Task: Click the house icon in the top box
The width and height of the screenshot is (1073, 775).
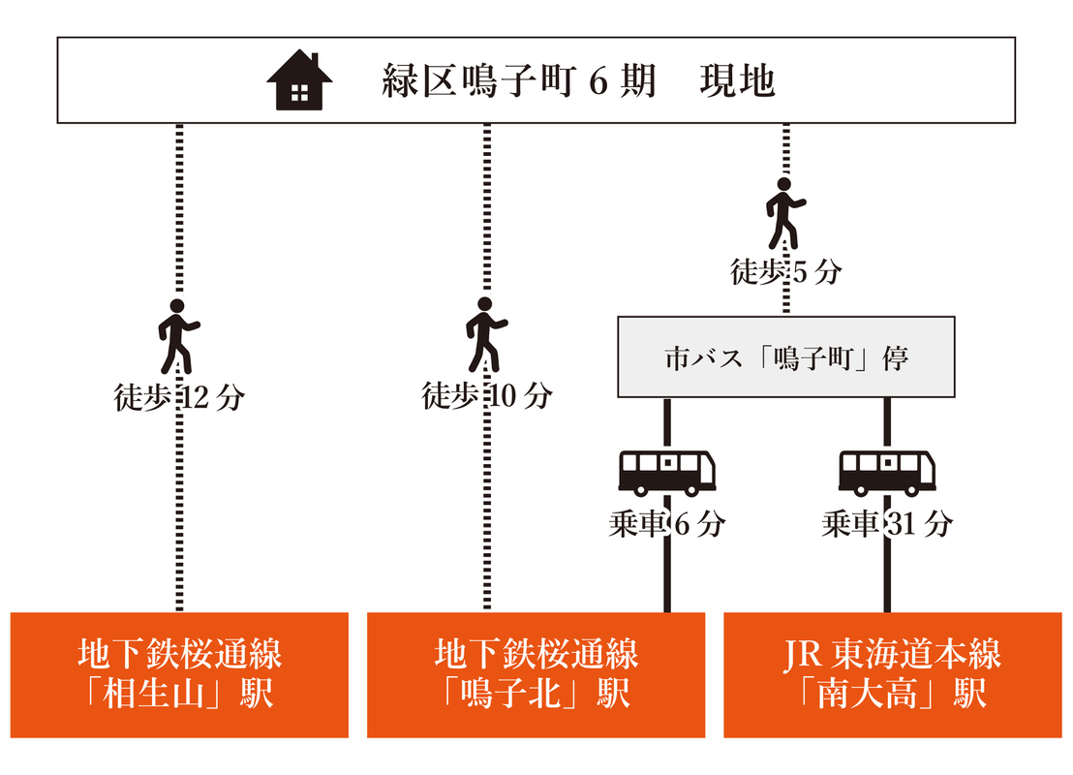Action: pyautogui.click(x=299, y=80)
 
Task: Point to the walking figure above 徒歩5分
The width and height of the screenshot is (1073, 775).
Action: pyautogui.click(x=785, y=212)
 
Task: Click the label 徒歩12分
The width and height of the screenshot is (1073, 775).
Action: pyautogui.click(x=178, y=397)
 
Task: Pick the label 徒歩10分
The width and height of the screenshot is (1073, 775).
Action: pyautogui.click(x=486, y=396)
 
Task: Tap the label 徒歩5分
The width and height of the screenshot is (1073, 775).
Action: pyautogui.click(x=785, y=272)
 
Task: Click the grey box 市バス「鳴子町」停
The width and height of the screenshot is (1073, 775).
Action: pyautogui.click(x=786, y=356)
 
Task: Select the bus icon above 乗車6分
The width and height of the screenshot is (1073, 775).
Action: pyautogui.click(x=667, y=472)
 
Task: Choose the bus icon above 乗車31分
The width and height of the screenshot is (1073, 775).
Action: pyautogui.click(x=887, y=472)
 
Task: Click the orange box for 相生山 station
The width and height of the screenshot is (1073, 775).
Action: pyautogui.click(x=179, y=674)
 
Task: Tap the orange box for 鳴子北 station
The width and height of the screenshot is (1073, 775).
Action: pyautogui.click(x=536, y=674)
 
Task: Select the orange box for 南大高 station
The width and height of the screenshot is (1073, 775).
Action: pyautogui.click(x=892, y=674)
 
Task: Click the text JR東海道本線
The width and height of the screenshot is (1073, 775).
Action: pyautogui.click(x=892, y=654)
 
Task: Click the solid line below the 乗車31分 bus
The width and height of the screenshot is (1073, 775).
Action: pyautogui.click(x=887, y=576)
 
